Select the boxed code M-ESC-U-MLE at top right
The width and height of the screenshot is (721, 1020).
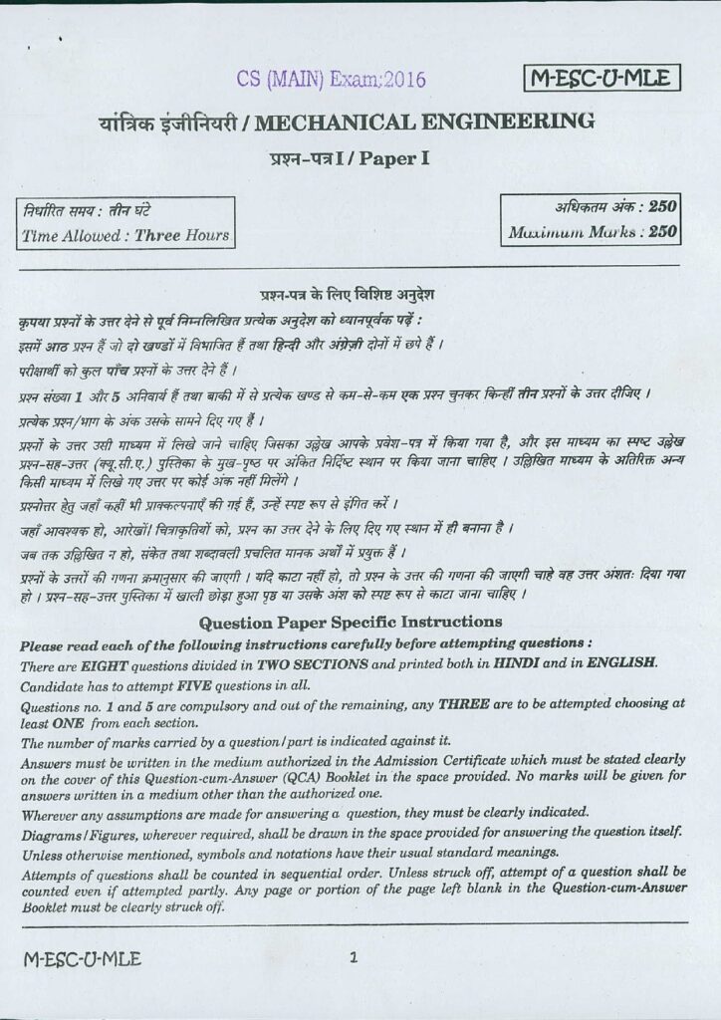(x=601, y=78)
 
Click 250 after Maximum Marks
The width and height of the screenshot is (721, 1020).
(x=662, y=233)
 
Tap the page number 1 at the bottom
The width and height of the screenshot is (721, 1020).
(x=354, y=958)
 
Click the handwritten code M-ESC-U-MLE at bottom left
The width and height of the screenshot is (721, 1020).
(x=83, y=959)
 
